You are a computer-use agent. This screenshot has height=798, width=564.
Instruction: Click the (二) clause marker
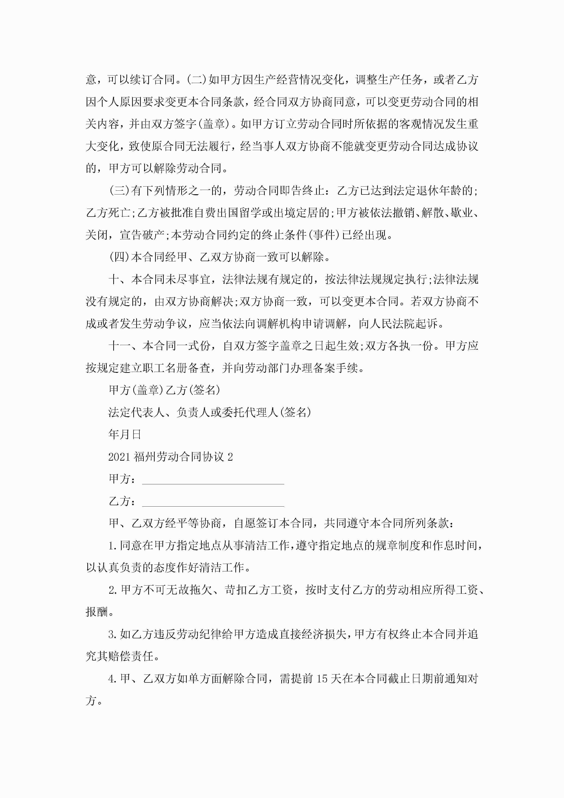coord(197,80)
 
